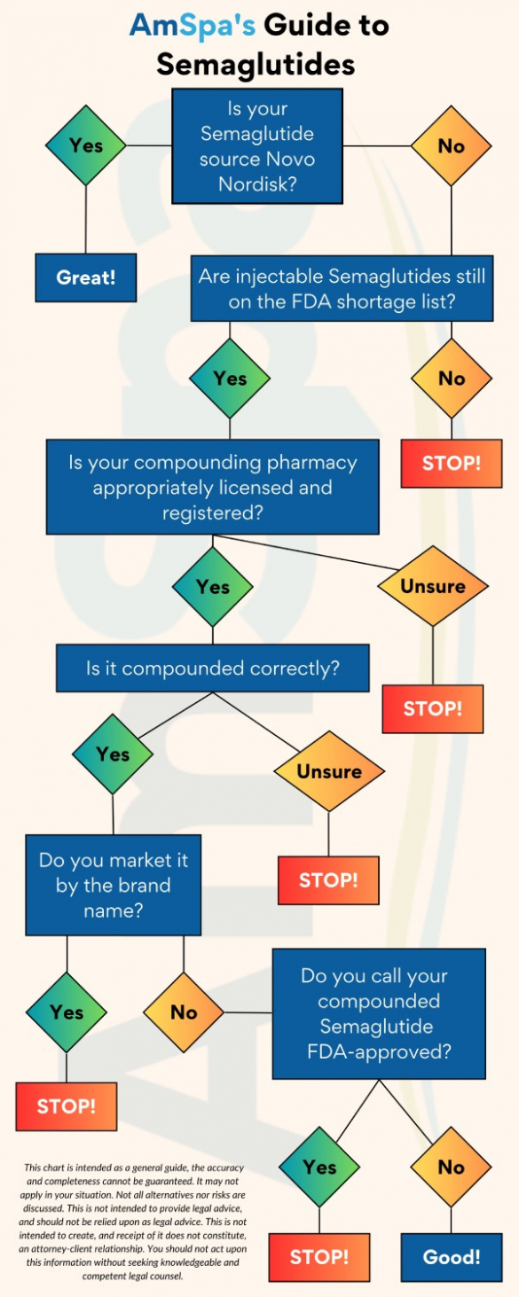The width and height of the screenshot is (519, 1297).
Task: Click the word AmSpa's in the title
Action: click(x=192, y=26)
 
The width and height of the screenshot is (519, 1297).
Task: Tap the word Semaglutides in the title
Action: click(x=256, y=64)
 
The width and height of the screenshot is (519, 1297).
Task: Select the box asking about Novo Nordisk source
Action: click(x=257, y=146)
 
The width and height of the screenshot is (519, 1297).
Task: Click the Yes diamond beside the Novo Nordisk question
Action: click(x=86, y=145)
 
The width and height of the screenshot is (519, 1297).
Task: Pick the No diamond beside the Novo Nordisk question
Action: click(x=452, y=145)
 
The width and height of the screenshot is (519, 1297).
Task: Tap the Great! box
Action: click(x=86, y=277)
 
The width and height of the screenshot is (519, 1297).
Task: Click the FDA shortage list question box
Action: click(x=342, y=288)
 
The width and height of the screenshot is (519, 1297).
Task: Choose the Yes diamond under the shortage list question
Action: click(x=230, y=378)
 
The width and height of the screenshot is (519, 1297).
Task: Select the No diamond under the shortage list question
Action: click(x=452, y=378)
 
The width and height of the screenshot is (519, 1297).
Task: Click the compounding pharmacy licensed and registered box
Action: click(x=213, y=487)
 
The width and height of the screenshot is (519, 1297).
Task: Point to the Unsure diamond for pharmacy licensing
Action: click(x=433, y=586)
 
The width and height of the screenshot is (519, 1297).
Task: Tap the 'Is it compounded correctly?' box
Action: click(x=213, y=668)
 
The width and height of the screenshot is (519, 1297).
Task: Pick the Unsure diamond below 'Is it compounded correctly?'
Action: click(x=329, y=771)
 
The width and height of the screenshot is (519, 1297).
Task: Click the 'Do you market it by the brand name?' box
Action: click(x=113, y=885)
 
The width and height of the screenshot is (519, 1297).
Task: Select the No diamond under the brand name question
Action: click(x=184, y=1012)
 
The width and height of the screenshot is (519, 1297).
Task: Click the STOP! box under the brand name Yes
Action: click(x=66, y=1106)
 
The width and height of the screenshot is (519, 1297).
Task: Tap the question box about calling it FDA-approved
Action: click(x=379, y=1014)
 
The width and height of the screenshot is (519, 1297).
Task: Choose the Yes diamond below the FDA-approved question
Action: click(x=319, y=1167)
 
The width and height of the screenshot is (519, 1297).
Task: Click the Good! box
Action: click(x=452, y=1257)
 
